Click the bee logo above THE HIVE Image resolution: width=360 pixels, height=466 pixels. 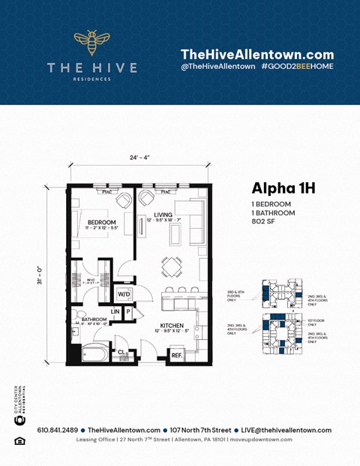pyautogui.click(x=91, y=44)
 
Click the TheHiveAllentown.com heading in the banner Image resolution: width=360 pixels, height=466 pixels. pyautogui.click(x=257, y=54)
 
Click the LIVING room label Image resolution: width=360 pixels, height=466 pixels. pyautogui.click(x=163, y=215)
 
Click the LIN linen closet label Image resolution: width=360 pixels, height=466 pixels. pyautogui.click(x=115, y=311)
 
